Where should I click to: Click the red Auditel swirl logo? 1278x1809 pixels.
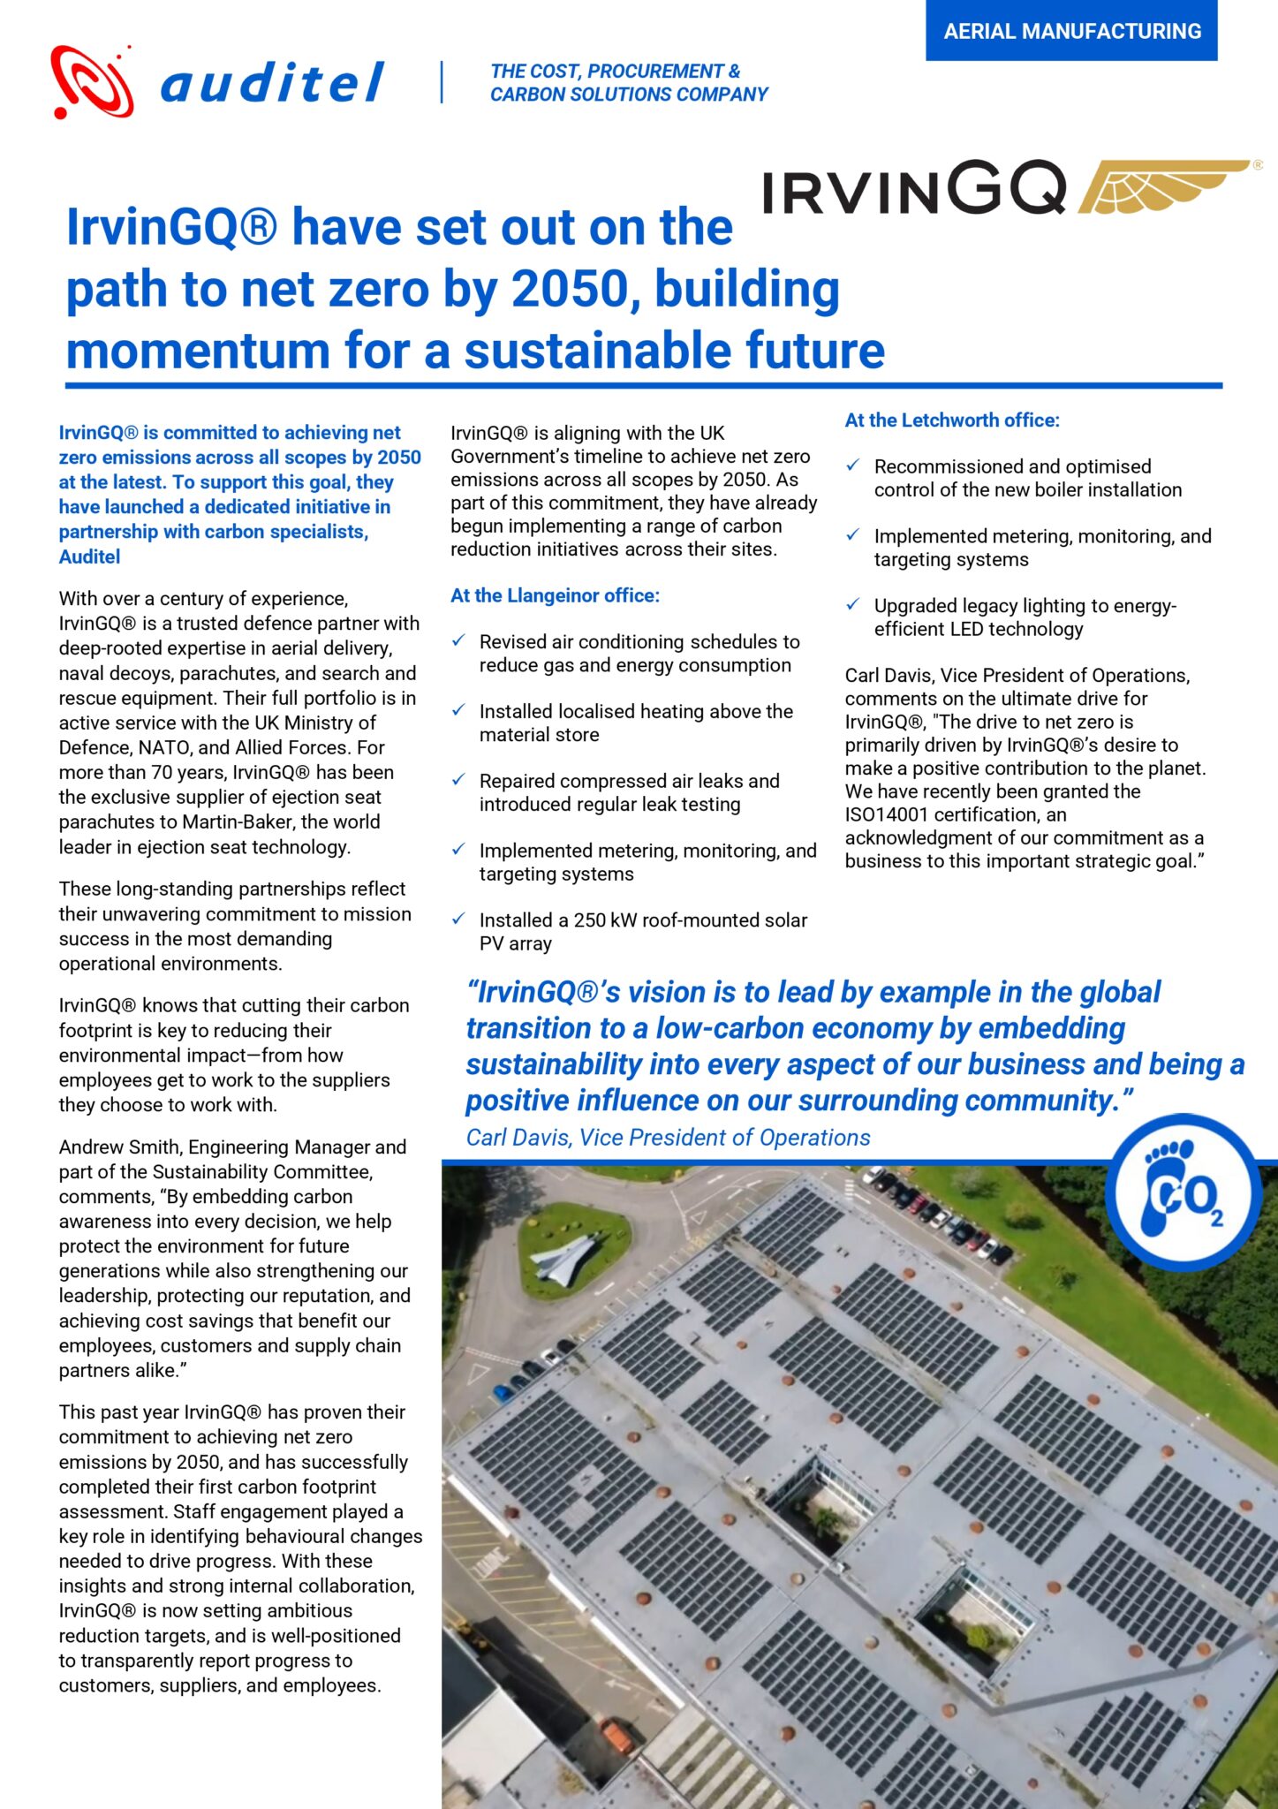(x=92, y=81)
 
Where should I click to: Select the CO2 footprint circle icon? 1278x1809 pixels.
(x=1183, y=1192)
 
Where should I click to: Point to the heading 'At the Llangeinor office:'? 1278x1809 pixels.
(x=555, y=595)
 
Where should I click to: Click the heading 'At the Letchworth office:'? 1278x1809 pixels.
(x=951, y=420)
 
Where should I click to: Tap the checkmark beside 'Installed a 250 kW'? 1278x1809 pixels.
(x=458, y=919)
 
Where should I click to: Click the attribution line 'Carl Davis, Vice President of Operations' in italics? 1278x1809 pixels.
(x=668, y=1138)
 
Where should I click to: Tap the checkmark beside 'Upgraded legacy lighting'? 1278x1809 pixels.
(x=852, y=604)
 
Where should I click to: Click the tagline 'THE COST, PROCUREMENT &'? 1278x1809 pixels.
(x=615, y=71)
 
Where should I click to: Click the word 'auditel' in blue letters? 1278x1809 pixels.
(x=271, y=83)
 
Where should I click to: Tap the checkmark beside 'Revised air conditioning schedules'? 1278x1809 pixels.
(x=458, y=640)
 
